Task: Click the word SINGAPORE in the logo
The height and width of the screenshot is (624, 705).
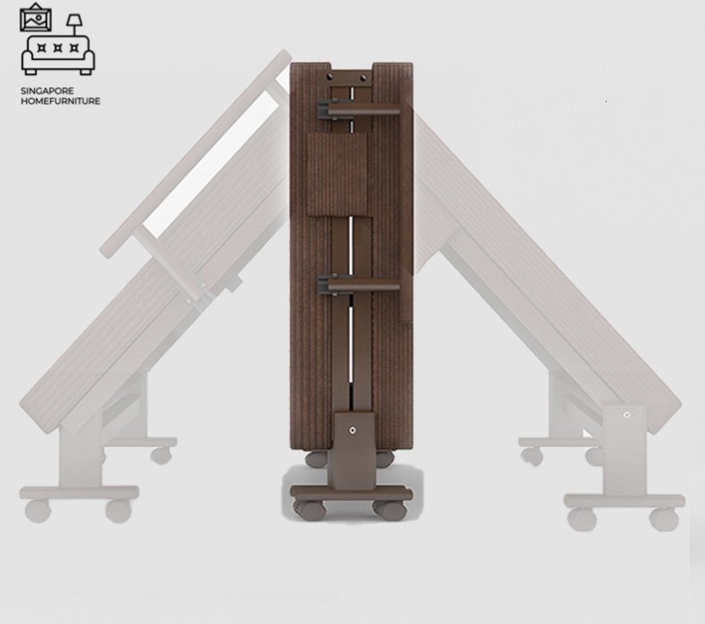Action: [47, 91]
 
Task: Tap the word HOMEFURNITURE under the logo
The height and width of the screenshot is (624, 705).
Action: [61, 101]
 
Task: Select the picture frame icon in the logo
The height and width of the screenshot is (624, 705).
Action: [36, 18]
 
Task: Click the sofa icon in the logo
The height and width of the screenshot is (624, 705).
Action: [58, 54]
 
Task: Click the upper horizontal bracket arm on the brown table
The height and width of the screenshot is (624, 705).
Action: [359, 110]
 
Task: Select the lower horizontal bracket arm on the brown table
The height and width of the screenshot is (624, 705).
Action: [359, 285]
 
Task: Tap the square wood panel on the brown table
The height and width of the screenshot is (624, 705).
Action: [337, 174]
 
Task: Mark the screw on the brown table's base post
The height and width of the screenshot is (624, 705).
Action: [352, 431]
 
